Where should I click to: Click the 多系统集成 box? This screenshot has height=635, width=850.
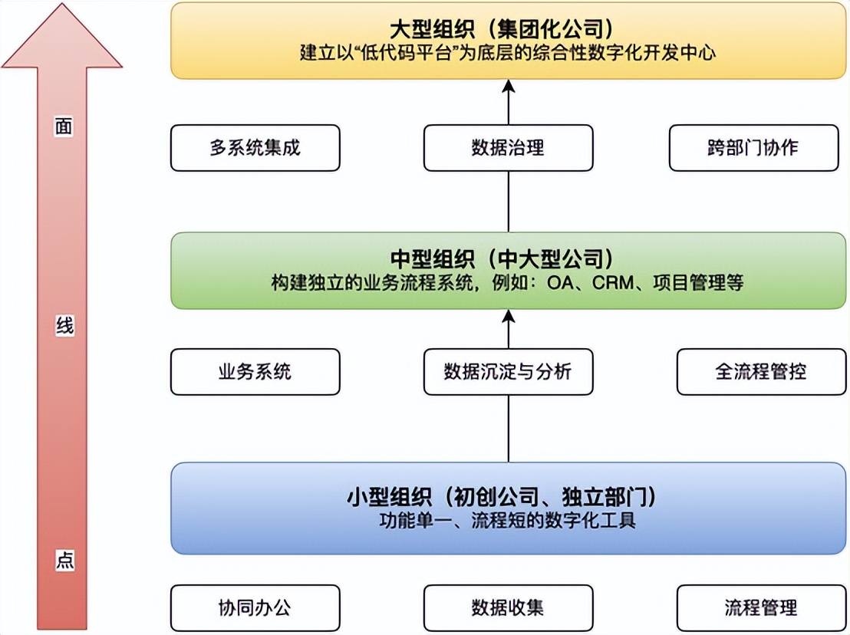(255, 148)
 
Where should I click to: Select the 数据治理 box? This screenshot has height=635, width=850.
(508, 148)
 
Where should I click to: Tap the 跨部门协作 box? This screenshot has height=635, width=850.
(753, 148)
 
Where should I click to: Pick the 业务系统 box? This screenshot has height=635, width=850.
(255, 372)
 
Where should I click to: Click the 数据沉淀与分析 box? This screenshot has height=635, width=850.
(508, 372)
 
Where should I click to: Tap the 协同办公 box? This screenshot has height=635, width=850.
(255, 608)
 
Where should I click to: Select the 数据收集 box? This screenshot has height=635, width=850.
(508, 608)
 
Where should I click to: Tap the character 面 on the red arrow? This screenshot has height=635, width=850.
(64, 127)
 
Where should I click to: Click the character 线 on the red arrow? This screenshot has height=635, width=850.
(64, 326)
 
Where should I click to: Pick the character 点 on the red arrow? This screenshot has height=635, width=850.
(64, 560)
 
